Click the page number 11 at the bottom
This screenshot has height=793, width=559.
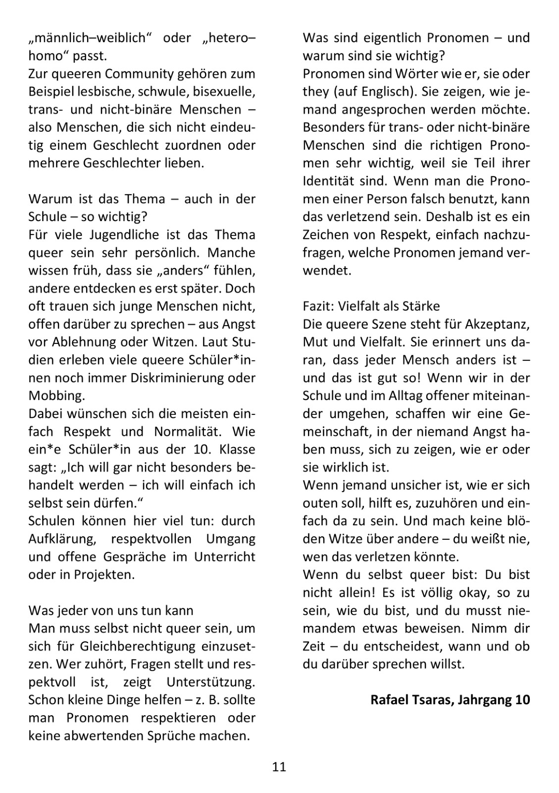pos(279,767)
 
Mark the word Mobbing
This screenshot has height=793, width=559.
pos(56,396)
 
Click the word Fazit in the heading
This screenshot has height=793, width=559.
pos(317,306)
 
